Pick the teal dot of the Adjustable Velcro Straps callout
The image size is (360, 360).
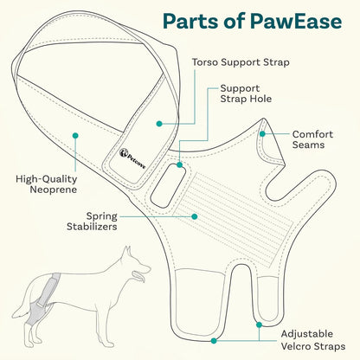point(258,325)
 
